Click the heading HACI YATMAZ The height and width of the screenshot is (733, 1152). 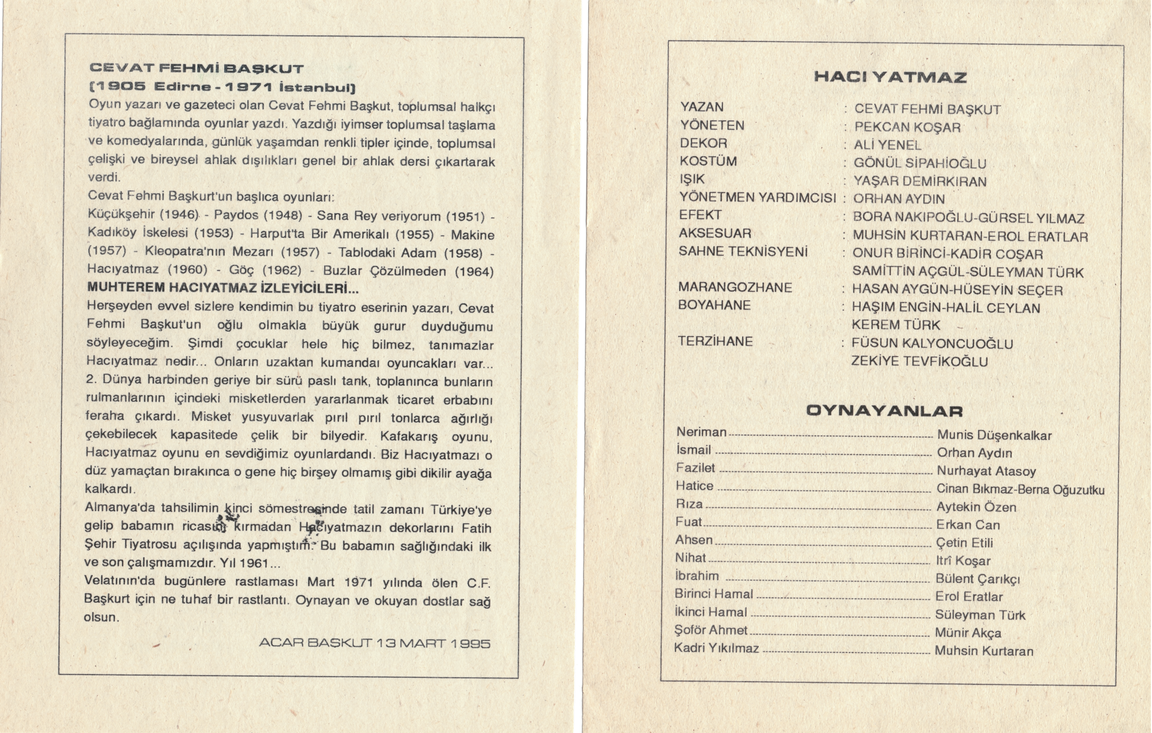pos(890,77)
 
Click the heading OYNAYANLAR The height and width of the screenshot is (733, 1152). pos(884,411)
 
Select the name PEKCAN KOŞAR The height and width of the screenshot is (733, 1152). pos(907,127)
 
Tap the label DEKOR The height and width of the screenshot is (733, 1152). pos(703,144)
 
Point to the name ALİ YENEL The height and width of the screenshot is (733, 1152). pos(887,145)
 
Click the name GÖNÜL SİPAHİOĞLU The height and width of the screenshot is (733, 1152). pos(920,163)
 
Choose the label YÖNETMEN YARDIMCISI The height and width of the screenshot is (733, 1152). pos(757,198)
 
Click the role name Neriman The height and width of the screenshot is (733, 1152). pos(701,432)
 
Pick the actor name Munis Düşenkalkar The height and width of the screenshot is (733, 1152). pos(994,435)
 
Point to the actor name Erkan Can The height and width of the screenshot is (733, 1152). pos(968,525)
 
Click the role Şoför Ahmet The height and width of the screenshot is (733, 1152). pos(710,630)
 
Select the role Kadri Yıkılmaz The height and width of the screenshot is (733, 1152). pos(716,649)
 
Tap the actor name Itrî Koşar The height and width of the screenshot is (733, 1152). pos(963,561)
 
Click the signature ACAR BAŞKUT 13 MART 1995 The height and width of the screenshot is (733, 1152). pos(374,644)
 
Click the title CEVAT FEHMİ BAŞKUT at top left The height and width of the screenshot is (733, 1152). pos(196,69)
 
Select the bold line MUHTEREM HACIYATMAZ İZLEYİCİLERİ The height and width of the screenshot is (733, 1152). pos(223,289)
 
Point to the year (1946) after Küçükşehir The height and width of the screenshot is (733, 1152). pos(179,214)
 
